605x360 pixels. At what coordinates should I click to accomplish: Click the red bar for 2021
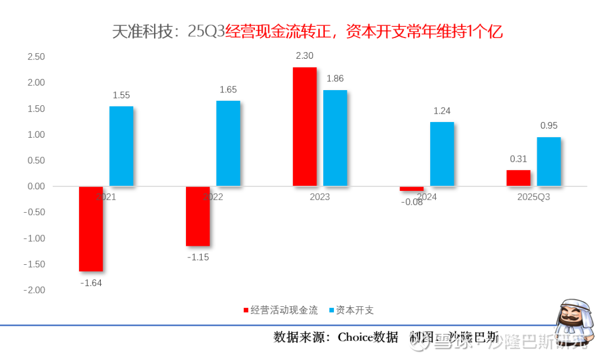[91, 228]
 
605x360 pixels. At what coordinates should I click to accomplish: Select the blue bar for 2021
[121, 146]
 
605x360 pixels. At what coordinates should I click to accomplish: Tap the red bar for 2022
[198, 216]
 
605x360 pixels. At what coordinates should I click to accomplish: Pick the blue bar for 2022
[228, 143]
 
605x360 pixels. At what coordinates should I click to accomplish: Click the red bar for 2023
[305, 127]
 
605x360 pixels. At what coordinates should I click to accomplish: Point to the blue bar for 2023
[335, 138]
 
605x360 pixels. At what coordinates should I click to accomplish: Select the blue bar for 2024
[442, 154]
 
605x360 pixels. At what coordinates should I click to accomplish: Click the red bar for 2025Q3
[518, 178]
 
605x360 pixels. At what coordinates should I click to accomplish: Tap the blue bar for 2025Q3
[548, 161]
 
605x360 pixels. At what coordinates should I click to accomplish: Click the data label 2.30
[305, 56]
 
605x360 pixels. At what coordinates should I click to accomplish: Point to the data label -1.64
[91, 283]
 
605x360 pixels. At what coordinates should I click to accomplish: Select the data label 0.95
[549, 126]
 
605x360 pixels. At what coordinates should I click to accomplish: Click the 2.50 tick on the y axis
[35, 57]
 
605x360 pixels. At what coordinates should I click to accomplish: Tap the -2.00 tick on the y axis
[34, 290]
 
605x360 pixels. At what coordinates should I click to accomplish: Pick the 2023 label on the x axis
[320, 197]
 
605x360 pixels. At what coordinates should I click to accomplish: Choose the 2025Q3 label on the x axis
[533, 197]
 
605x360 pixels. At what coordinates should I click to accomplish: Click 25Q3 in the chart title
[206, 32]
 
